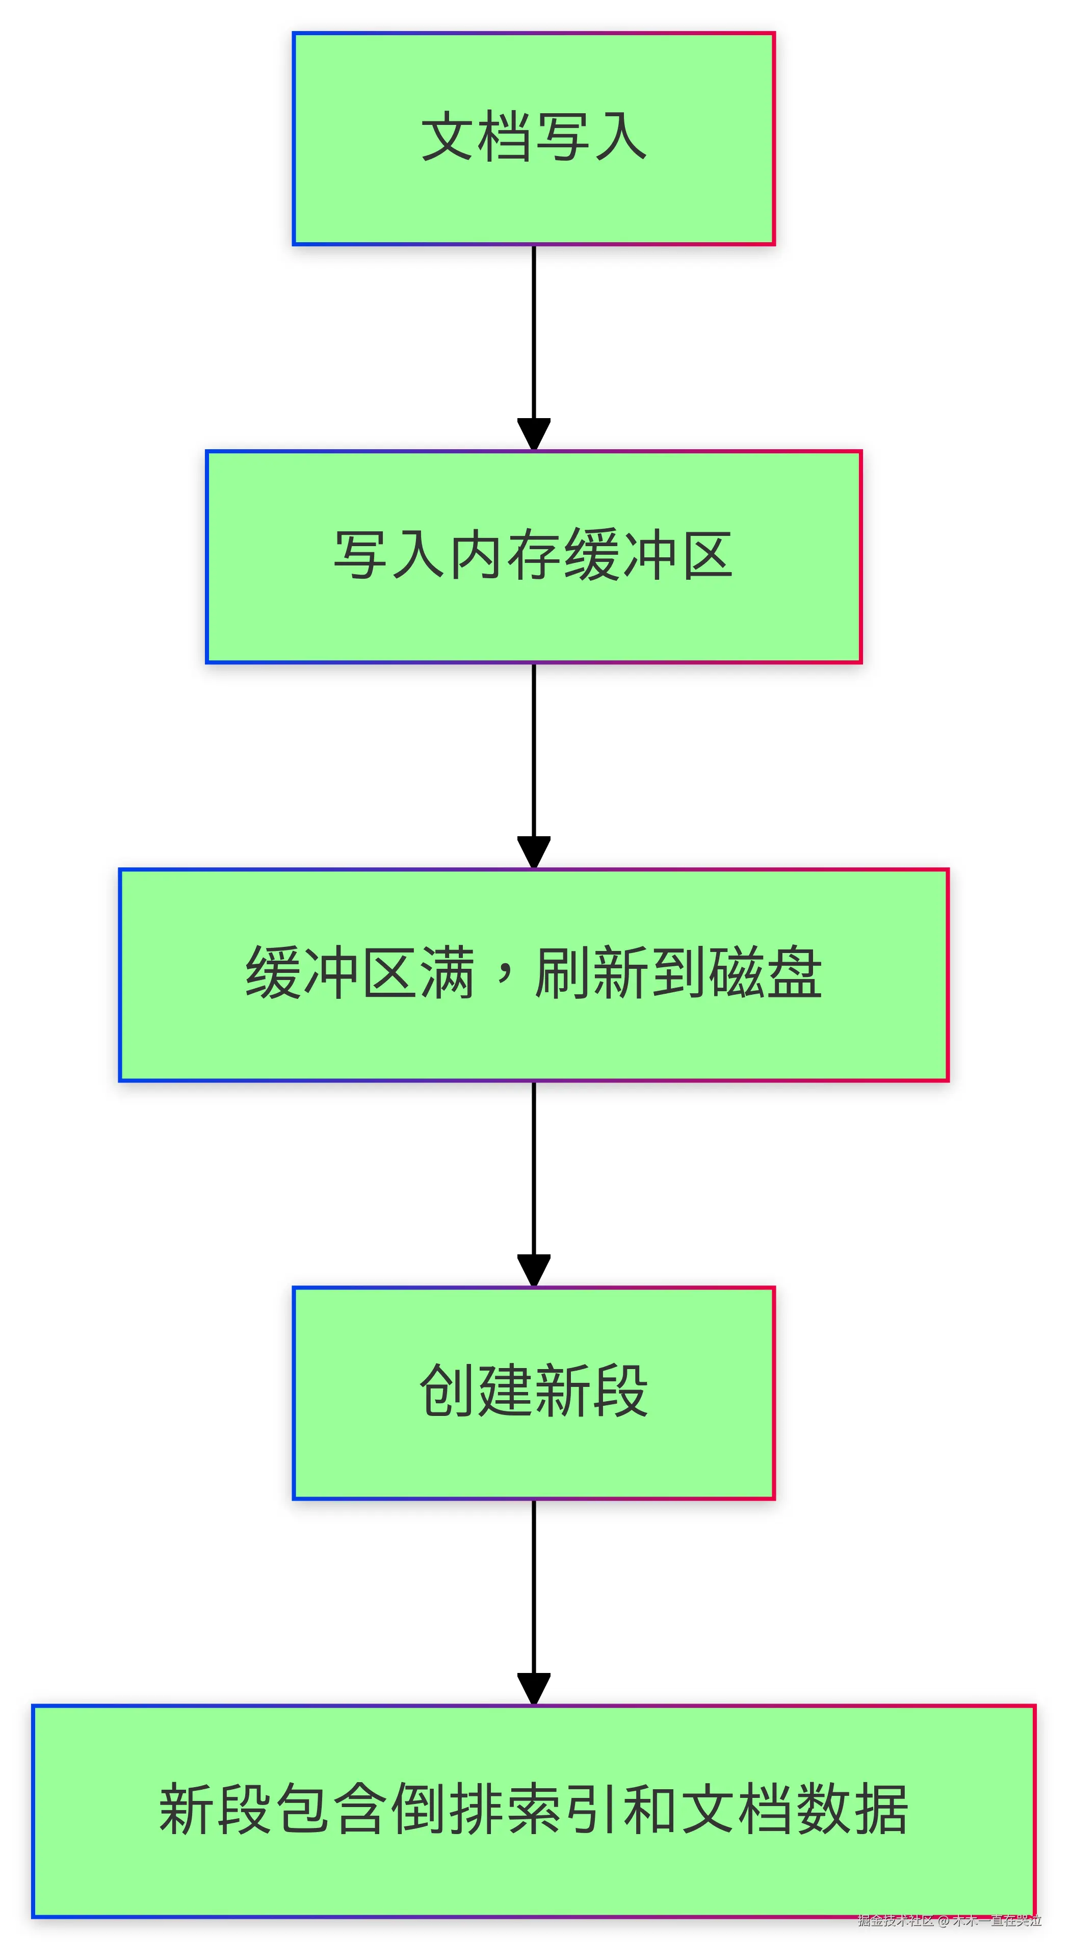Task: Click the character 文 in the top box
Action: point(448,138)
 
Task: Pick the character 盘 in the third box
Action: point(793,974)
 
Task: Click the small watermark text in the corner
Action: point(949,1921)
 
